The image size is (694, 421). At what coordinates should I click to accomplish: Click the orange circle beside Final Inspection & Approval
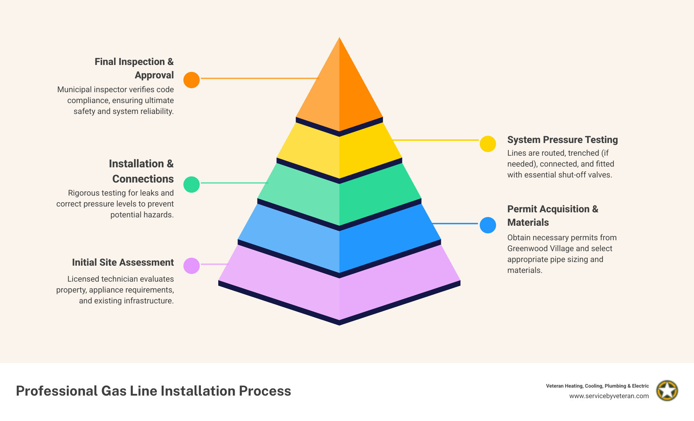pos(191,80)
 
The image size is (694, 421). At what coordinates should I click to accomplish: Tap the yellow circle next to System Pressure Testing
pos(488,144)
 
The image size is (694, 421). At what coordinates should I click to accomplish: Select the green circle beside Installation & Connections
pos(191,184)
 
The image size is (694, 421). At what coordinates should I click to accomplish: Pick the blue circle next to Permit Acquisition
pos(488,225)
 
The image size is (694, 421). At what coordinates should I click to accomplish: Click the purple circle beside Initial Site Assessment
pos(191,266)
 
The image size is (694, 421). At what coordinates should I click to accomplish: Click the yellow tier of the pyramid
pos(339,152)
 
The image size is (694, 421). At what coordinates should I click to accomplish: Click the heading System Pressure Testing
pos(562,140)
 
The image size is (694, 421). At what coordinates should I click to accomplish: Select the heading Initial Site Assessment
pos(123,262)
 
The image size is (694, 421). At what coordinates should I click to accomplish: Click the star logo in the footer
pos(667,391)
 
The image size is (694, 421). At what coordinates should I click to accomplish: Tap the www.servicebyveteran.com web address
pos(609,396)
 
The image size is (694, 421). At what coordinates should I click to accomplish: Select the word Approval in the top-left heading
pos(154,75)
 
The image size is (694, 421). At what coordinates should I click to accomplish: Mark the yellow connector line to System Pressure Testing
pos(436,140)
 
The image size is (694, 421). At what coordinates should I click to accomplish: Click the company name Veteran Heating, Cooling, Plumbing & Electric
pos(597,386)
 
